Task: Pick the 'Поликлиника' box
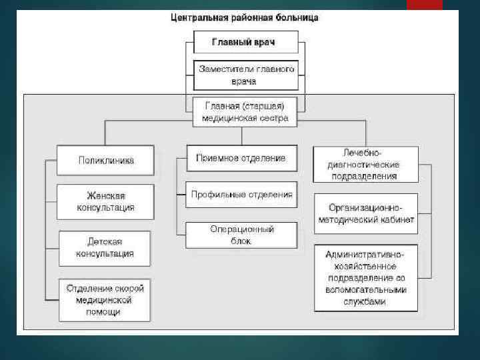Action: (x=106, y=160)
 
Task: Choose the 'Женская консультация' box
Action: (x=105, y=201)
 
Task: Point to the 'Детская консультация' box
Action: (x=105, y=247)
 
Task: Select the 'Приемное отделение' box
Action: (x=241, y=159)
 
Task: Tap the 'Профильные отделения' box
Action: (x=241, y=195)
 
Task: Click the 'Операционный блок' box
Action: (x=241, y=235)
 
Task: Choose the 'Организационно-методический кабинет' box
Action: (x=366, y=213)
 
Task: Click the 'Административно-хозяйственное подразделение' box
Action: (x=366, y=278)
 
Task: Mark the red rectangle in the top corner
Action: (x=424, y=5)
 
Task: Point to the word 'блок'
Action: (x=241, y=241)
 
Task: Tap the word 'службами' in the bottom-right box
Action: (x=366, y=301)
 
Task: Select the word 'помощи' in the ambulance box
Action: (x=105, y=311)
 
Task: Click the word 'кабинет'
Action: (x=397, y=219)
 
